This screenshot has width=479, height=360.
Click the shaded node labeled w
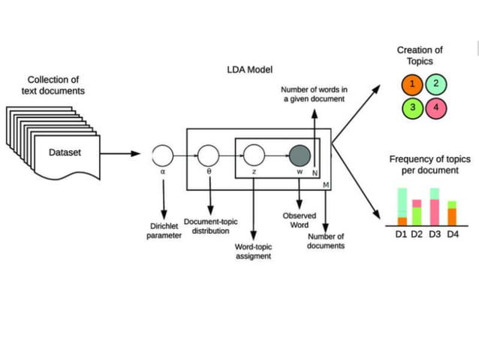300,156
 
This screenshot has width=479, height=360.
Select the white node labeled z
255,156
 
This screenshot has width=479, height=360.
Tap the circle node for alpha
163,156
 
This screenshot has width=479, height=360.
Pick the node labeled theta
209,156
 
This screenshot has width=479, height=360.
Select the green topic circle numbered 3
412,107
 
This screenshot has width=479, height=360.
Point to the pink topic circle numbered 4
436,107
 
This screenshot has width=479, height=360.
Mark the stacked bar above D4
452,213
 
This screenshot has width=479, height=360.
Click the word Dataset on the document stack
65,153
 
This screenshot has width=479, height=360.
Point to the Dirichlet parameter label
164,231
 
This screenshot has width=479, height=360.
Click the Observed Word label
299,220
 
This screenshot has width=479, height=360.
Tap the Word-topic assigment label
254,251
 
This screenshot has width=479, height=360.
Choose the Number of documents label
326,241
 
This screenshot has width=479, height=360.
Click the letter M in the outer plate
326,184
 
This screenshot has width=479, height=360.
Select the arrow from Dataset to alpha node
120,155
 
